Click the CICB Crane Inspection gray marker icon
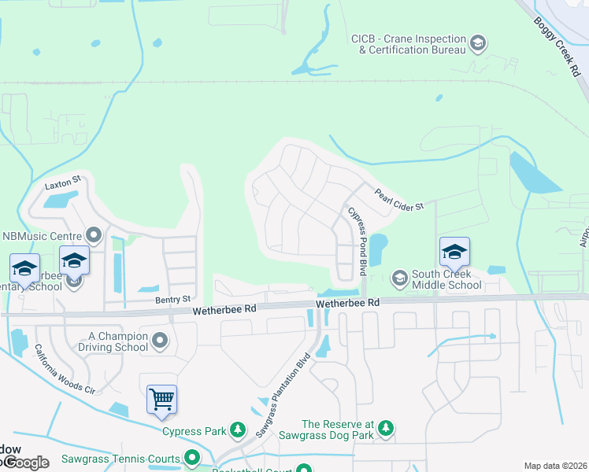[x=477, y=42]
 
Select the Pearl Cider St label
[x=399, y=199]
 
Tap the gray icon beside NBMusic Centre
[x=94, y=234]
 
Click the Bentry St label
[x=174, y=299]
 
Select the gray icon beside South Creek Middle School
[x=399, y=278]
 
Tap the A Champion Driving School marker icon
[x=161, y=341]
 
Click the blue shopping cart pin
[x=161, y=400]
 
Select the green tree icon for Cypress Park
[x=235, y=430]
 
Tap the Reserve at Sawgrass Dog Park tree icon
[x=385, y=428]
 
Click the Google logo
[x=25, y=463]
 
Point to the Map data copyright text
[x=554, y=466]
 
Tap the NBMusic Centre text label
[x=42, y=235]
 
